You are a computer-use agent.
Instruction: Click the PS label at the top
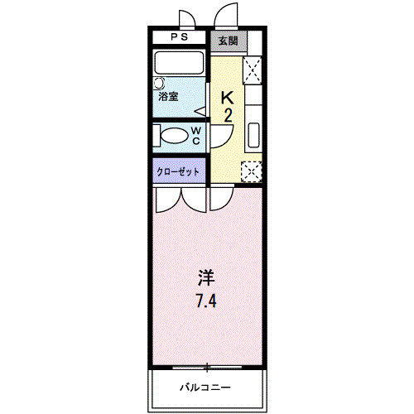[180, 38]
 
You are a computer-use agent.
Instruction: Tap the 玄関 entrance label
[227, 39]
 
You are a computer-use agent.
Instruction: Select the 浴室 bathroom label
[169, 97]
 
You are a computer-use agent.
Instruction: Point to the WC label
[196, 135]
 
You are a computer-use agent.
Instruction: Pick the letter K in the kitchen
[228, 98]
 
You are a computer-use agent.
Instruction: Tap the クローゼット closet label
[179, 171]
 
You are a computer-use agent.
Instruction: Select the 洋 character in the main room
[206, 277]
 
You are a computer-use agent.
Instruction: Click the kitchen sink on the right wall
[253, 133]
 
